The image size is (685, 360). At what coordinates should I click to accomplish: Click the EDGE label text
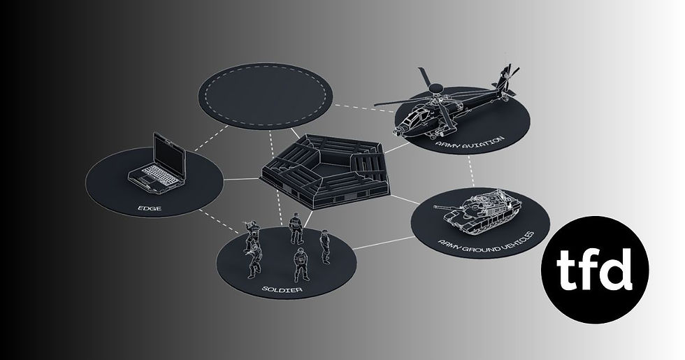coord(150,208)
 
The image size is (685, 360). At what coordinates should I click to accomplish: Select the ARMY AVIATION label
coord(470,143)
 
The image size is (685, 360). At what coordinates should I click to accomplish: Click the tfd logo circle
coord(595,270)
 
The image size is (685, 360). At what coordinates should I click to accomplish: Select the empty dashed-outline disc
coord(265,96)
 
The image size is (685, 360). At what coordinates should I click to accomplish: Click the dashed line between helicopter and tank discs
coord(471,171)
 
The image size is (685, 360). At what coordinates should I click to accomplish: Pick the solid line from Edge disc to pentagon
coord(242,179)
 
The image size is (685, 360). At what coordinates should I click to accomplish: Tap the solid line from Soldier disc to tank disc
coord(383,243)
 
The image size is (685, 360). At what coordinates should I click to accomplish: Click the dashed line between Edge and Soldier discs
coord(219,221)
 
